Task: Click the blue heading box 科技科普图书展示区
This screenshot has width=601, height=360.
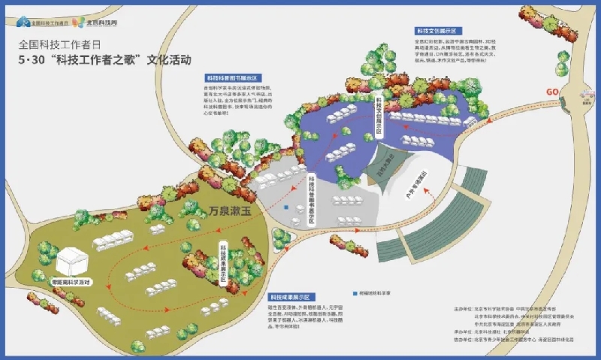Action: click(232, 78)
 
